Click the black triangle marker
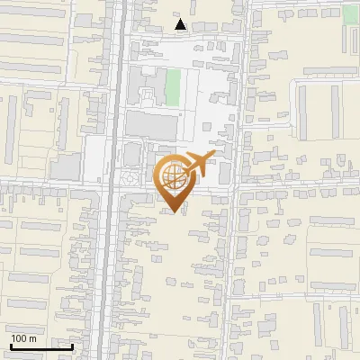tap(181, 24)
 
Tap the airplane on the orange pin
tap(197, 164)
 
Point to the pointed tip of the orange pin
tap(173, 212)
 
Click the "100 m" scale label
tap(23, 338)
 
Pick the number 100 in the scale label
tap(19, 338)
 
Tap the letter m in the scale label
tap(32, 338)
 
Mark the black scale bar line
tap(41, 346)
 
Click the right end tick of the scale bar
tap(72, 345)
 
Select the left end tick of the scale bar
tap(10, 345)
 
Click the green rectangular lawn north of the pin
tap(173, 86)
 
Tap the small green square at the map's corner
tap(350, 13)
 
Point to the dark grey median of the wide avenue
tap(110, 225)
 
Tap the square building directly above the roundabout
tap(131, 154)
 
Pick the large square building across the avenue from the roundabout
tap(67, 166)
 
